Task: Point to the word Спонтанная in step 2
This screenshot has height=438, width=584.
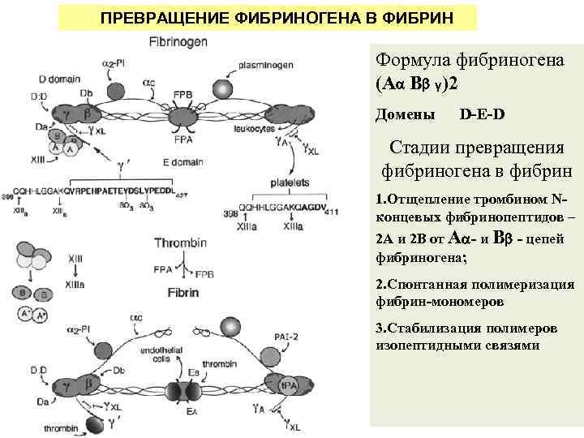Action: click(423, 285)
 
